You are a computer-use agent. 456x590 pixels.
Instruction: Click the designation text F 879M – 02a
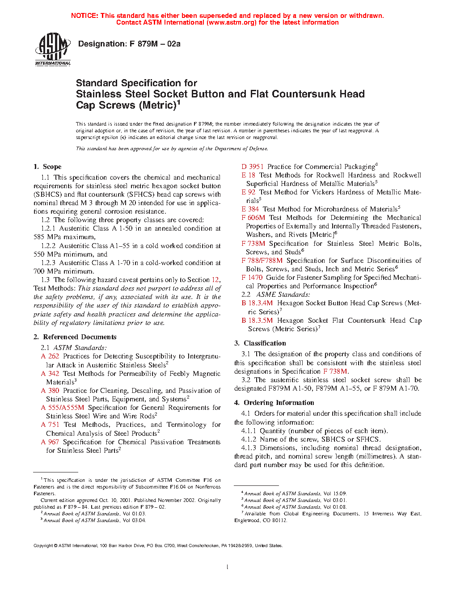[x=129, y=44]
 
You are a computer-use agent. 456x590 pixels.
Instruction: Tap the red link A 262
[x=50, y=356]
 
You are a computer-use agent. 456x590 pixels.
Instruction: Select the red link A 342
[x=50, y=374]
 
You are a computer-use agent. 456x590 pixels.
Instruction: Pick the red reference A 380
[x=50, y=391]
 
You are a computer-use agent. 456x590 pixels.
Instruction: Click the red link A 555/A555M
[x=63, y=408]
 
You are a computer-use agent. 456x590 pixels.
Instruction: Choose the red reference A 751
[x=50, y=425]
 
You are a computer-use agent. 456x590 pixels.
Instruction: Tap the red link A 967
[x=50, y=442]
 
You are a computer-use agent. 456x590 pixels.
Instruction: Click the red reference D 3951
[x=253, y=166]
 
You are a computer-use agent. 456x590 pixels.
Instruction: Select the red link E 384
[x=250, y=209]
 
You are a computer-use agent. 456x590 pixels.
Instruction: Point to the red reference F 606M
[x=253, y=218]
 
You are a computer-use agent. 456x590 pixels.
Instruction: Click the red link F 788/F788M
[x=262, y=261]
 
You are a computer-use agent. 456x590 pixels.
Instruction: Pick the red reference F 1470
[x=252, y=278]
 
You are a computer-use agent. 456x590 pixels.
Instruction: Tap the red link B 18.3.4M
[x=257, y=303]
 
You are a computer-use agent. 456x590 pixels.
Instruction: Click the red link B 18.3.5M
[x=257, y=320]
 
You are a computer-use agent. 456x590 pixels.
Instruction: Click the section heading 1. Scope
[x=47, y=167]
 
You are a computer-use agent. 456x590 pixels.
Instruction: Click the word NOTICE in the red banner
[x=84, y=16]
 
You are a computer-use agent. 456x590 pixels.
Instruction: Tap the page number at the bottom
[x=228, y=567]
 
